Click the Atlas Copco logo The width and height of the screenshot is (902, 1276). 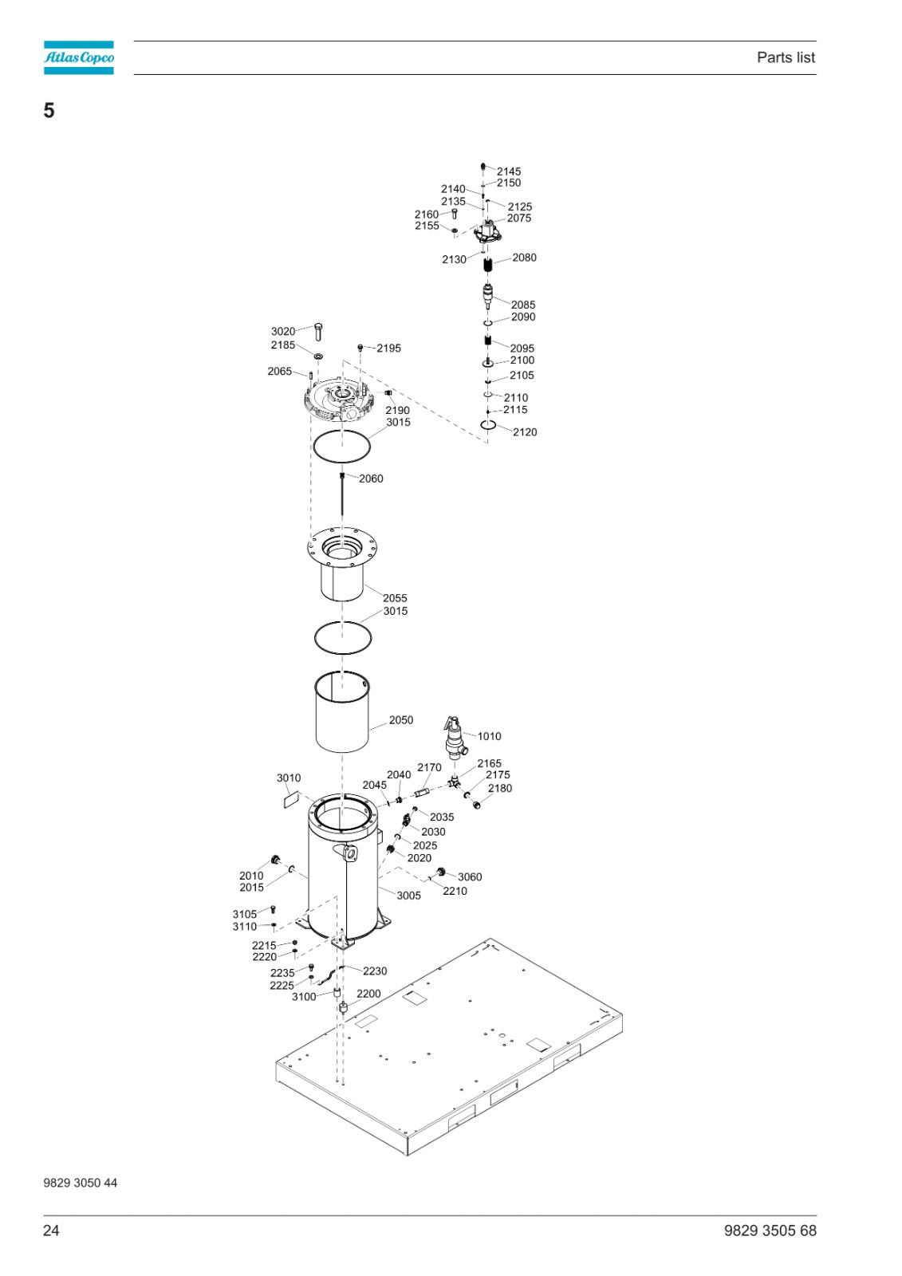click(x=79, y=57)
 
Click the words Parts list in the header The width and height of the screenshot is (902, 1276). click(x=786, y=57)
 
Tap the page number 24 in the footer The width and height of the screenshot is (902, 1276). click(x=51, y=1231)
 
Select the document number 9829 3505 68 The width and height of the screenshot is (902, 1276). click(x=770, y=1231)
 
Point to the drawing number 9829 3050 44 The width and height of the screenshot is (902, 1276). click(x=81, y=1183)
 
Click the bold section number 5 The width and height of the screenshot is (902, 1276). click(x=49, y=111)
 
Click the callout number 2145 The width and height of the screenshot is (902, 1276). click(x=508, y=171)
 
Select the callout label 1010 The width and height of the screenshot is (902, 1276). click(x=489, y=736)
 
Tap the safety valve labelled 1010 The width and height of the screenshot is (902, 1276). click(x=455, y=738)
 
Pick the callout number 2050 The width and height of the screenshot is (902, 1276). click(x=400, y=720)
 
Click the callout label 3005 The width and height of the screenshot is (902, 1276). click(x=408, y=896)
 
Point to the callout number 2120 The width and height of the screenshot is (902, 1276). click(x=524, y=432)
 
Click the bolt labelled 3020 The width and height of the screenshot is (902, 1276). click(x=318, y=332)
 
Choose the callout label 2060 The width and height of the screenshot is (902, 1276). click(x=371, y=478)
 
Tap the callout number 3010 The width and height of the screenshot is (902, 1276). click(x=289, y=778)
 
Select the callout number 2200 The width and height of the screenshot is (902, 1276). click(x=368, y=994)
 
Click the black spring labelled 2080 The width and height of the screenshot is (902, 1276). click(x=488, y=265)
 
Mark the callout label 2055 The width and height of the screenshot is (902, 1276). click(x=395, y=598)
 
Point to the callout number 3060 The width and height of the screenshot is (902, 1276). click(x=470, y=876)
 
